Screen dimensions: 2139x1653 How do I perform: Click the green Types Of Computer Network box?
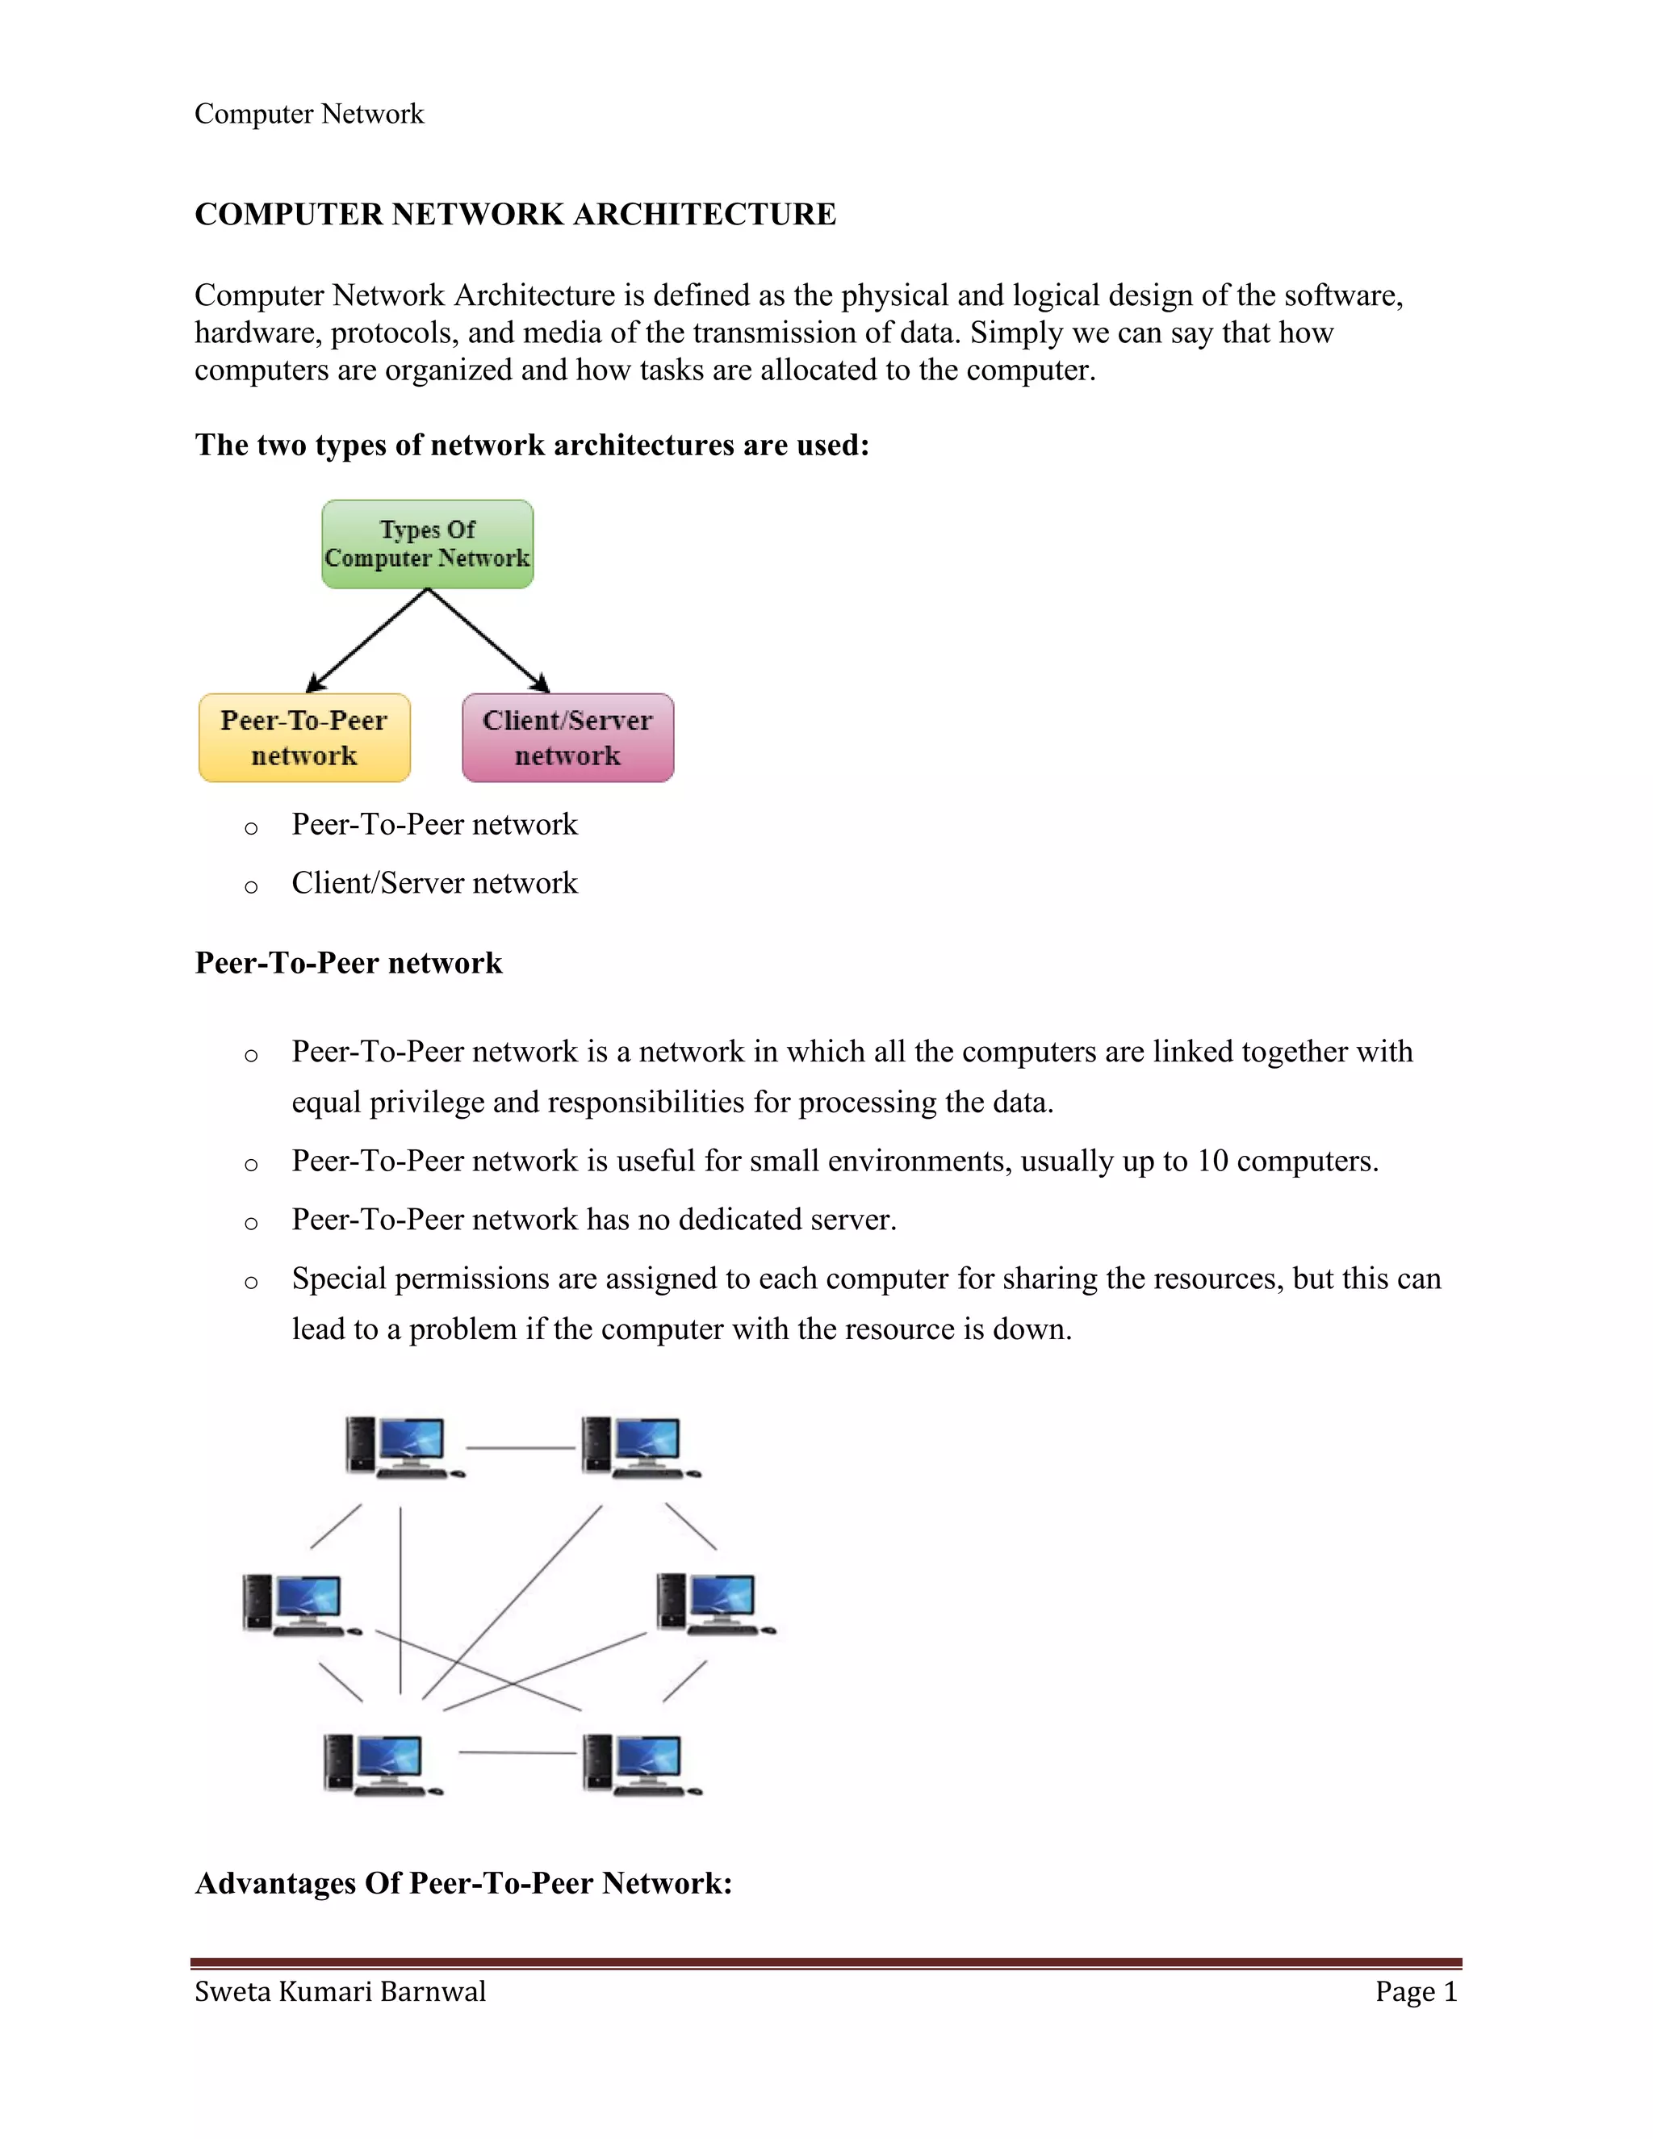427,545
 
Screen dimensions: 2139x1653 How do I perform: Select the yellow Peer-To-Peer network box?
303,738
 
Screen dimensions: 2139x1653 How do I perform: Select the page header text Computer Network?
308,115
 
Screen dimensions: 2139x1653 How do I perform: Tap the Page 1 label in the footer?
1415,1991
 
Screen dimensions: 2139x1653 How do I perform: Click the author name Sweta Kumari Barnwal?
340,1991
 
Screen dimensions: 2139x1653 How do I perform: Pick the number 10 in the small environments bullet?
1212,1162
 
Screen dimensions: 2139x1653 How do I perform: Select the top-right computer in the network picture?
639,1446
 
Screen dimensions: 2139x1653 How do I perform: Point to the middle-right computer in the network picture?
714,1603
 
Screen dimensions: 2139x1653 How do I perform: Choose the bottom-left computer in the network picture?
381,1764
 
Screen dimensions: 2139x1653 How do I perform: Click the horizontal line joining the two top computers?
520,1447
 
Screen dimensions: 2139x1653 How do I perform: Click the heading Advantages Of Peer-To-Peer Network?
463,1883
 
